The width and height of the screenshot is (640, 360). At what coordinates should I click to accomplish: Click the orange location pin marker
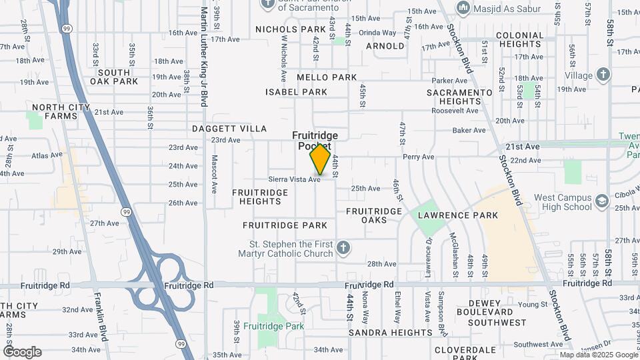click(321, 159)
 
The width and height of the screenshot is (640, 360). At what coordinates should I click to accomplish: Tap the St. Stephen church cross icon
click(343, 249)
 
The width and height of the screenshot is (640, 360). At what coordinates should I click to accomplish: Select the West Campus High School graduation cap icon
click(602, 201)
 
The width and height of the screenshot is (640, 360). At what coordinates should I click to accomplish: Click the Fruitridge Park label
click(273, 326)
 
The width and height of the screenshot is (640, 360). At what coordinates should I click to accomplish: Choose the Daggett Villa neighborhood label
click(229, 129)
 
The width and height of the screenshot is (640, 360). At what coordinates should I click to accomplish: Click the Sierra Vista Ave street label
click(295, 179)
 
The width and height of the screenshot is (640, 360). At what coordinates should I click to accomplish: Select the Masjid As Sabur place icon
click(463, 7)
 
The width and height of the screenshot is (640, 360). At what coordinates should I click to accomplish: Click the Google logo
click(22, 352)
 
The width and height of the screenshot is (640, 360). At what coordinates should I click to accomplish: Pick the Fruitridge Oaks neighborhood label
click(374, 215)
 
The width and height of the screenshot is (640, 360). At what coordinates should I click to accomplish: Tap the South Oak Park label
click(118, 77)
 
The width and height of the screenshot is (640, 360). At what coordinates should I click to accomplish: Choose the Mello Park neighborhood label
click(327, 77)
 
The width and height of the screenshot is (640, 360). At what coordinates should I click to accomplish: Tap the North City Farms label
click(61, 111)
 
